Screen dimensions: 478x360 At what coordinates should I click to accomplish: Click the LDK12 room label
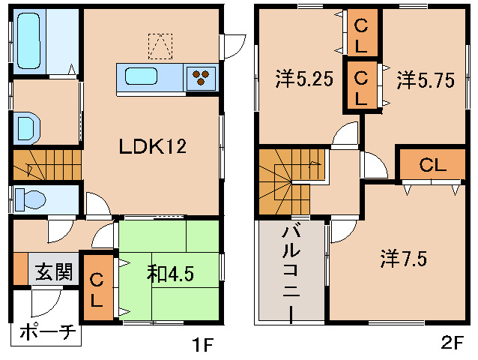click(x=152, y=146)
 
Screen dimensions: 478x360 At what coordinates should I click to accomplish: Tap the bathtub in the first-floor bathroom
click(x=28, y=40)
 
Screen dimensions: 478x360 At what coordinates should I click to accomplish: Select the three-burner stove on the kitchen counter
click(x=201, y=77)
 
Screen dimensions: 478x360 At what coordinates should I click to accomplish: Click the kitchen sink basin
click(x=142, y=76)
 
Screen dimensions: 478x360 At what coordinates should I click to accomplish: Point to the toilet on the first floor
click(x=29, y=199)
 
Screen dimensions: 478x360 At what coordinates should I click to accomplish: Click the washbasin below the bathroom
click(x=27, y=127)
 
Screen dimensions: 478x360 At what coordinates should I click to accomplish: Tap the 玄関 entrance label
click(x=54, y=271)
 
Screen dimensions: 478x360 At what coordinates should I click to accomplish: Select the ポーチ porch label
click(x=47, y=332)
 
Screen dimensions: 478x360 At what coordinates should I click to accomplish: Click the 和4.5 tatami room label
click(x=170, y=273)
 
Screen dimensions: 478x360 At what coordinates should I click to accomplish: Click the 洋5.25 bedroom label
click(x=304, y=79)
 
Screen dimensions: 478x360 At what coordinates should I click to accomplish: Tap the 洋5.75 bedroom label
click(x=426, y=80)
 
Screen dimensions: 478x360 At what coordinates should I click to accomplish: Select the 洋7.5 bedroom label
click(x=404, y=259)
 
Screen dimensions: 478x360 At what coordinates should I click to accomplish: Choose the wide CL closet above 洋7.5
click(x=432, y=165)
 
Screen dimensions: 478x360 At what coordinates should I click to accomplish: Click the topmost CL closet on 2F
click(x=361, y=32)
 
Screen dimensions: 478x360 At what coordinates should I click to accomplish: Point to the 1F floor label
click(x=202, y=344)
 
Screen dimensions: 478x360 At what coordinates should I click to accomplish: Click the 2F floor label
click(x=452, y=342)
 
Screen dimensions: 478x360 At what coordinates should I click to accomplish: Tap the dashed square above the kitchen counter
click(x=160, y=46)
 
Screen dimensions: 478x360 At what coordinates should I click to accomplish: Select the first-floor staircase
click(x=47, y=165)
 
